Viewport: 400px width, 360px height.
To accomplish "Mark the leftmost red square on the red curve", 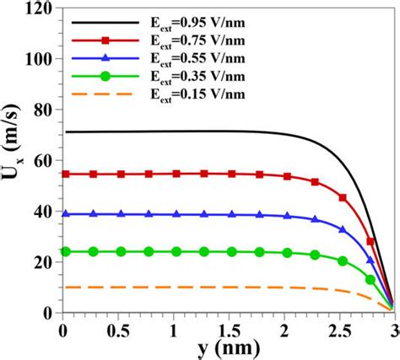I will click(x=66, y=174).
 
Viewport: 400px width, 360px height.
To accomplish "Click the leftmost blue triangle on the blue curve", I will click(x=66, y=214).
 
